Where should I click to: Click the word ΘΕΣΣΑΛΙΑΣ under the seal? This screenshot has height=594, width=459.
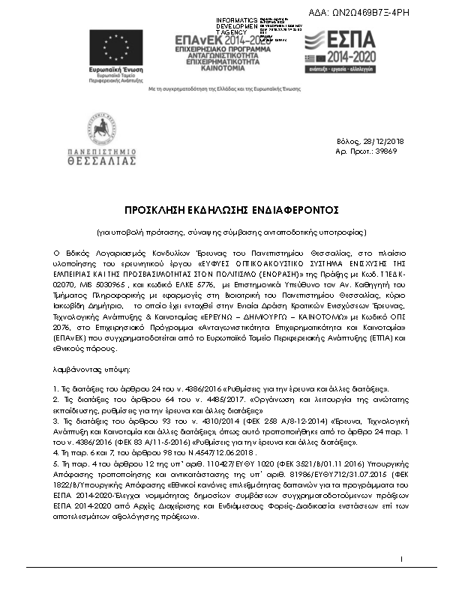pos(100,160)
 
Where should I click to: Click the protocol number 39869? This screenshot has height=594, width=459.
pos(385,151)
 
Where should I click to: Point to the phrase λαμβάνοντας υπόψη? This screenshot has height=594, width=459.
pos(91,370)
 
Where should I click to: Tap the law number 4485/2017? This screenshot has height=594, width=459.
pos(199,400)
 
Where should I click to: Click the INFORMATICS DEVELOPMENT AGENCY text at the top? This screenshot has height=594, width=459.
pos(237,25)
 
